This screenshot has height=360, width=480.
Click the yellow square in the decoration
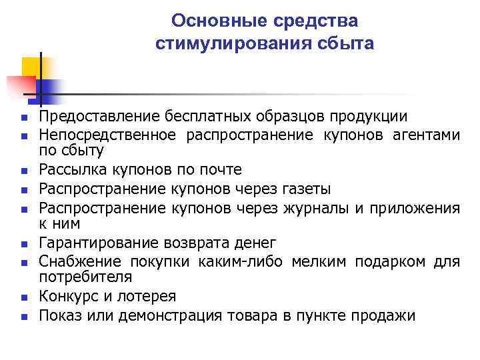click(x=31, y=67)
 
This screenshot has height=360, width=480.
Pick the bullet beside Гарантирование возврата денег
click(x=23, y=244)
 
